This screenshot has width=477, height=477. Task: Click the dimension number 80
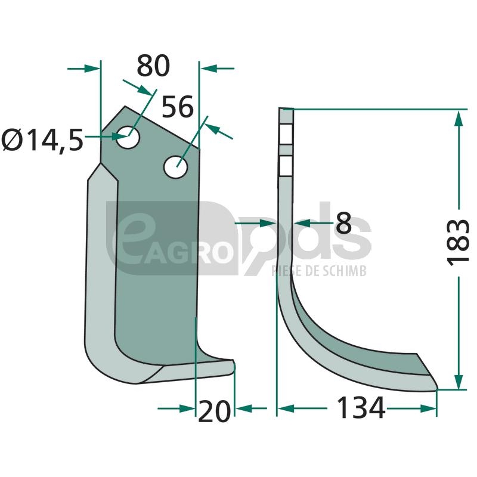coord(153,66)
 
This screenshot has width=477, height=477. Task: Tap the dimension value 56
coord(177,107)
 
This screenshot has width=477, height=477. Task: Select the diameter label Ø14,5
coord(42,140)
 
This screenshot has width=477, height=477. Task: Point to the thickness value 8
coord(344,223)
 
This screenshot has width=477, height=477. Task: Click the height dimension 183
coord(458,242)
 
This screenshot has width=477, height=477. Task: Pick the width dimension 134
coord(361,408)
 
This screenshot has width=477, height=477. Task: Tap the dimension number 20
coord(214,411)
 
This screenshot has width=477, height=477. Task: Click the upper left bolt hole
coord(128,137)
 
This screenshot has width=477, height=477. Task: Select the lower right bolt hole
coord(175,167)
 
